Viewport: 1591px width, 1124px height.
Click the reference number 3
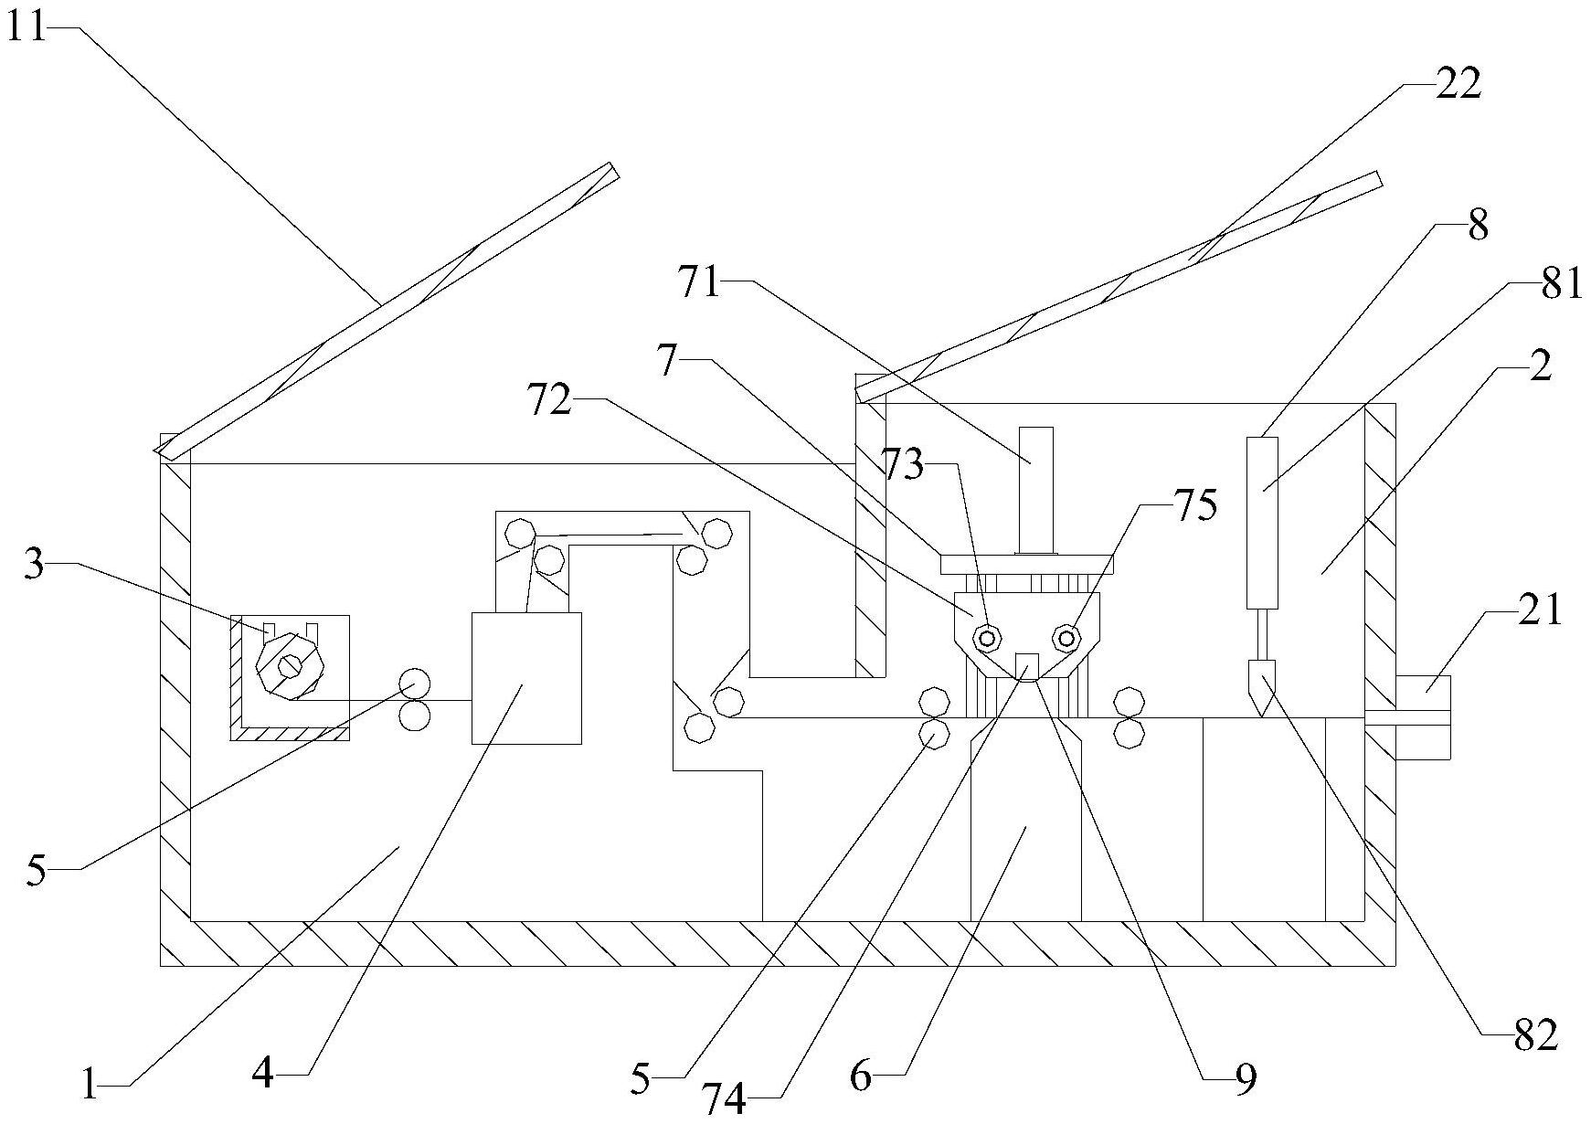coord(34,566)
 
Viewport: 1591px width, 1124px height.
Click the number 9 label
coord(1246,1079)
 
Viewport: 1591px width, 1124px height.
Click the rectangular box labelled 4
coord(525,677)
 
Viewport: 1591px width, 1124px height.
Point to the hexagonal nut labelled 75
coord(1066,636)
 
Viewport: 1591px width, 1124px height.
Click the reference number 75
coord(1195,505)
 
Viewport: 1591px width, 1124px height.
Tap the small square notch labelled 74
coord(1027,664)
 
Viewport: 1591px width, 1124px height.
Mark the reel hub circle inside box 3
coord(290,667)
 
